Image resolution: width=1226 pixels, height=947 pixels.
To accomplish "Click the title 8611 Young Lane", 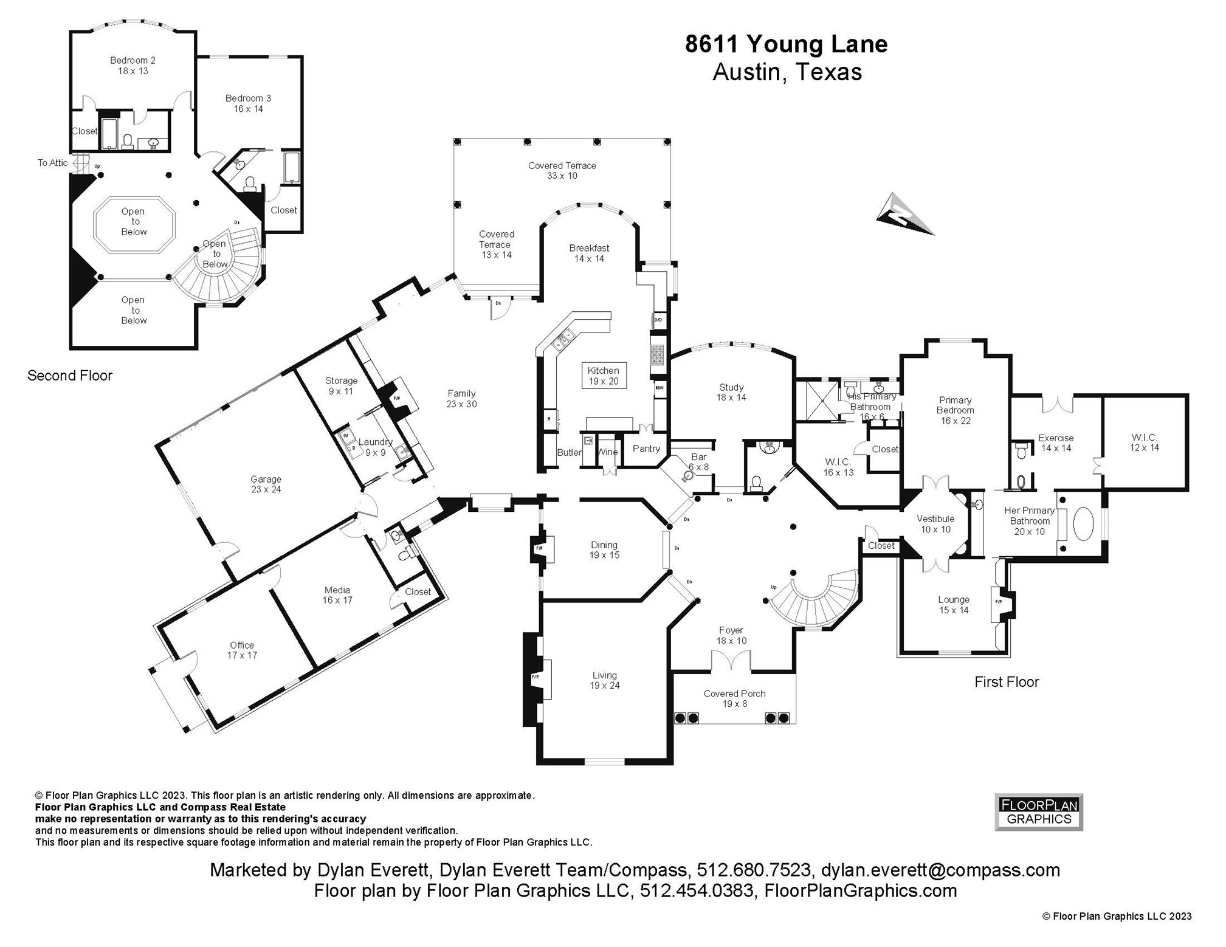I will (x=786, y=44).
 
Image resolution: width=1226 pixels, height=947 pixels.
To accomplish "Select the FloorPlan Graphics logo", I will (x=1038, y=812).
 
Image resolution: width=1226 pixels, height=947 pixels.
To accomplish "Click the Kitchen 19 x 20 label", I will (x=603, y=376).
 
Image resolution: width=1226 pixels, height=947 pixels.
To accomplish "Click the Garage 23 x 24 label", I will (x=266, y=484).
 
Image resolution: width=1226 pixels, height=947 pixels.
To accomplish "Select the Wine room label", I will (x=607, y=452).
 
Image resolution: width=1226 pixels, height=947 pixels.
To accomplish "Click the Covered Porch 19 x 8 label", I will (x=734, y=698).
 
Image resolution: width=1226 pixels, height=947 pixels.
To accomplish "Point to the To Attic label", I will (x=53, y=163).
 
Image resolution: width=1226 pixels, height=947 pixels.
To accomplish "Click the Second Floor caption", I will (x=70, y=376).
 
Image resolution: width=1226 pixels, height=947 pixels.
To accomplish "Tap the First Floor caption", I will (x=1007, y=682).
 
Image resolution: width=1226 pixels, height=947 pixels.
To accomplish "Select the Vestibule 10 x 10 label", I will (x=935, y=524).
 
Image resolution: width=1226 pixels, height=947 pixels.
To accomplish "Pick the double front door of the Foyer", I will (x=731, y=661).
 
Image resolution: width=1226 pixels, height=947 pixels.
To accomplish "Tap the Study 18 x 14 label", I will (x=731, y=392).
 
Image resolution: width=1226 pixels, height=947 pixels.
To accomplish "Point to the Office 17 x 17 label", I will (x=242, y=650).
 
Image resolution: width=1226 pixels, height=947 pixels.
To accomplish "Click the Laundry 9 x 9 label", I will (x=375, y=447).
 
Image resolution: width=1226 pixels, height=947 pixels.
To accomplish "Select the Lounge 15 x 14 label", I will (x=953, y=605).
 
